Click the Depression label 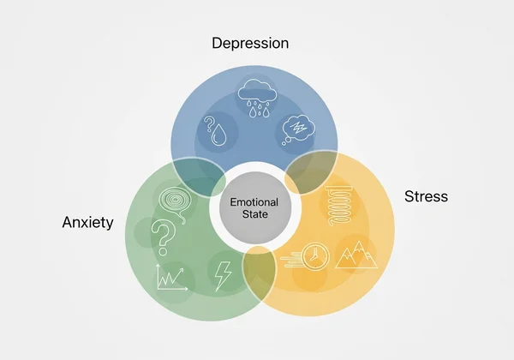[251, 42]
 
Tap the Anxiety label [88, 222]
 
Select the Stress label [426, 196]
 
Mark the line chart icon [170, 278]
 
